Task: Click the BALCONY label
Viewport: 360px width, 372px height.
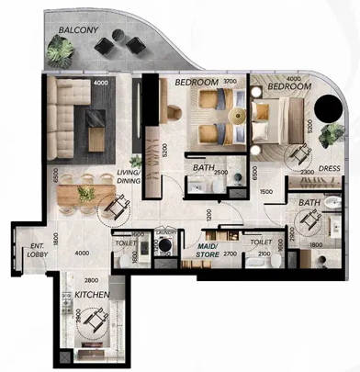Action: pos(79,28)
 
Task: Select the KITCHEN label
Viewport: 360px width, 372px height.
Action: pos(94,294)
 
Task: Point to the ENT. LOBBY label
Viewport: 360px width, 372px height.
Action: pos(38,250)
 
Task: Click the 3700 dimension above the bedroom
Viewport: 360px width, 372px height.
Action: pos(231,82)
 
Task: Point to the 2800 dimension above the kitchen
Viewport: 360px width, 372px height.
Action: pos(92,280)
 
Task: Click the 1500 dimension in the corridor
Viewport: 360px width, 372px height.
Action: pos(264,191)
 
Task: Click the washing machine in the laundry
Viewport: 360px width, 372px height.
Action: pos(166,247)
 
